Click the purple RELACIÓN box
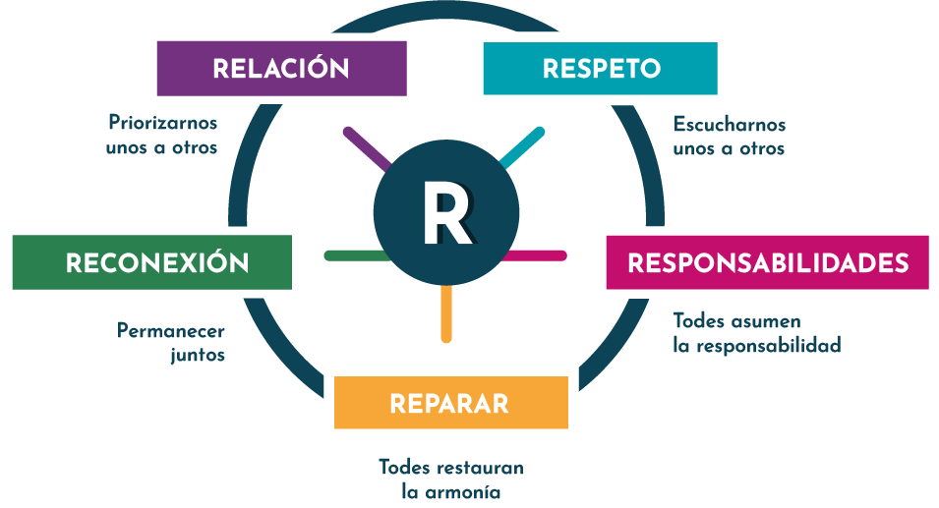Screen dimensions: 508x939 point(281,68)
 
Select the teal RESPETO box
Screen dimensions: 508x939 point(600,68)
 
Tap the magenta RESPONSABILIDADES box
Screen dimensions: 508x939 point(767,262)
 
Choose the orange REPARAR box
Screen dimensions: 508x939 point(450,403)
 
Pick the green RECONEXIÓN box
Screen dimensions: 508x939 point(152,262)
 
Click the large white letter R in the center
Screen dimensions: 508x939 point(447,212)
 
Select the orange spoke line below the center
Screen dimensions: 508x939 point(446,313)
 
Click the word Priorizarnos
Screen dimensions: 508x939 point(162,124)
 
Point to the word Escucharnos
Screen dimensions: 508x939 point(730,125)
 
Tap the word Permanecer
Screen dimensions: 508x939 point(170,331)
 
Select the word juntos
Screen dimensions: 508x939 point(197,355)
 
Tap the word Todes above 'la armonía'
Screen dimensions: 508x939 point(404,466)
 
